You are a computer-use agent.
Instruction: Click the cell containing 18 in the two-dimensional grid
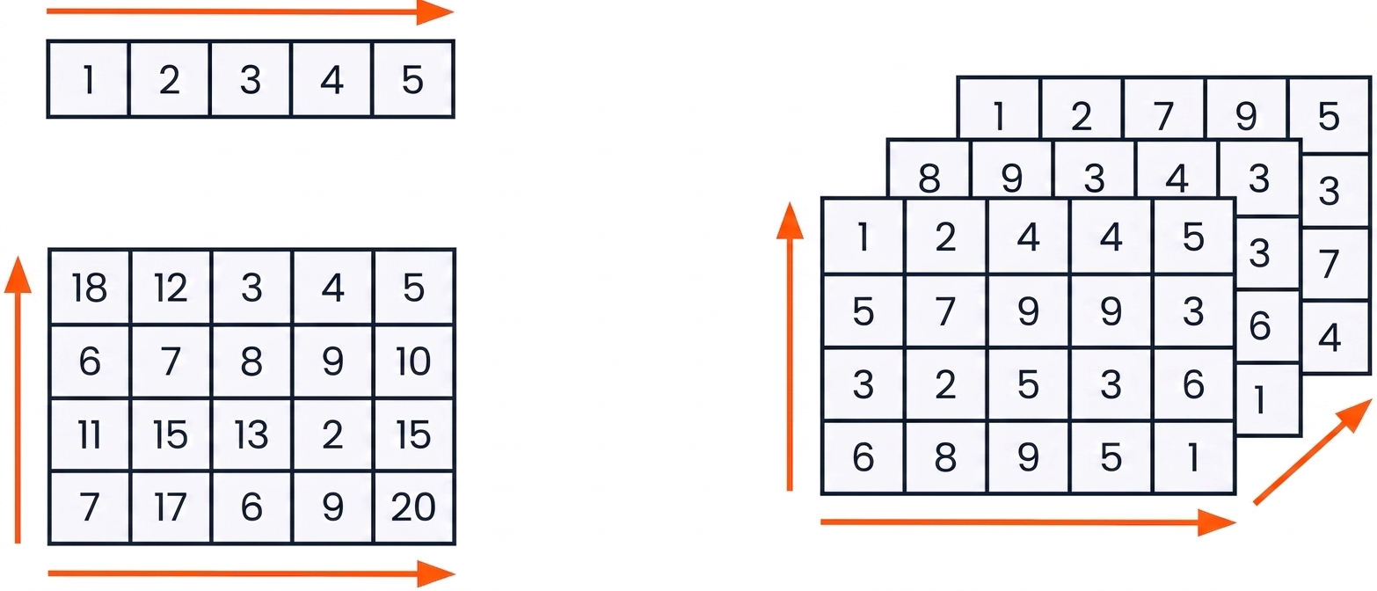click(x=90, y=288)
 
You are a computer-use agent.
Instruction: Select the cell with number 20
click(x=413, y=507)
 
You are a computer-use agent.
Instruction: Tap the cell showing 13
click(x=251, y=434)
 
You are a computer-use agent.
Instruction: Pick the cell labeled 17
click(x=171, y=507)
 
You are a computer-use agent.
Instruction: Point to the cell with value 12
click(x=171, y=288)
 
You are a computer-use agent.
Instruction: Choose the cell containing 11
click(x=90, y=434)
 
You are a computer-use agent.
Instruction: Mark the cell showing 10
click(x=413, y=361)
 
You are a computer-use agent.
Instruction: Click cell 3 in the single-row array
click(x=251, y=79)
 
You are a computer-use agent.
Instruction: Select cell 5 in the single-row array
click(x=412, y=79)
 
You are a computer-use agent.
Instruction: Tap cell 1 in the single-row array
click(x=89, y=79)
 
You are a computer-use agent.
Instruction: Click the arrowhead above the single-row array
click(x=434, y=11)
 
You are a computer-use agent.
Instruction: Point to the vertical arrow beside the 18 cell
click(x=18, y=400)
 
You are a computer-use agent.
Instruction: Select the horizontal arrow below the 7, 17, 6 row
click(x=251, y=573)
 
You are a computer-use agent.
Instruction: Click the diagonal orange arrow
click(x=1313, y=452)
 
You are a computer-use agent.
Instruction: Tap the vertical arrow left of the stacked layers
click(x=790, y=347)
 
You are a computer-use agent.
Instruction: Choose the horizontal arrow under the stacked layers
click(x=1028, y=522)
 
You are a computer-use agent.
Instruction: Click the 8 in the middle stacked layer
click(x=929, y=178)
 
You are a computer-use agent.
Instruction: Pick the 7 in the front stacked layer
click(x=945, y=310)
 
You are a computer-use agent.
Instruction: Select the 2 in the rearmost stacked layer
click(x=1082, y=116)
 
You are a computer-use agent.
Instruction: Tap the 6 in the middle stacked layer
click(x=1259, y=325)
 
